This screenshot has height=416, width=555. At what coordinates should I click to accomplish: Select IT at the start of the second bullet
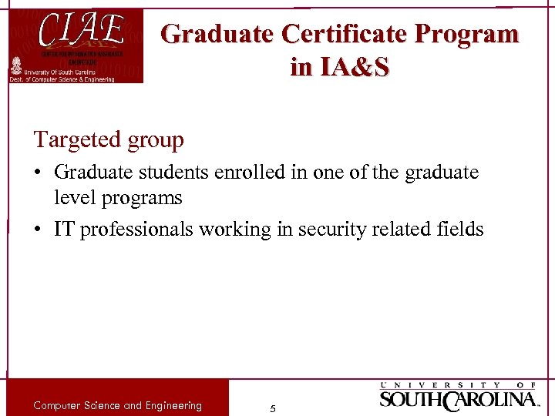tap(64, 229)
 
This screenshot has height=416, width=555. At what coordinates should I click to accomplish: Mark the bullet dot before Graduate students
tap(39, 173)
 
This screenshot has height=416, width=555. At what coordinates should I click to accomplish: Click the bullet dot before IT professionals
tap(39, 230)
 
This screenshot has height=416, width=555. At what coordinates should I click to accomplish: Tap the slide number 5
tap(273, 408)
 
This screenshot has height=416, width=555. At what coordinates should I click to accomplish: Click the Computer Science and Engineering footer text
tap(117, 405)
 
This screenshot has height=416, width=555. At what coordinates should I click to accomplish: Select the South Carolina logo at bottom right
tap(459, 396)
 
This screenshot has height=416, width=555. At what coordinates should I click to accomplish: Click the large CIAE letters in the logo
tap(81, 32)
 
